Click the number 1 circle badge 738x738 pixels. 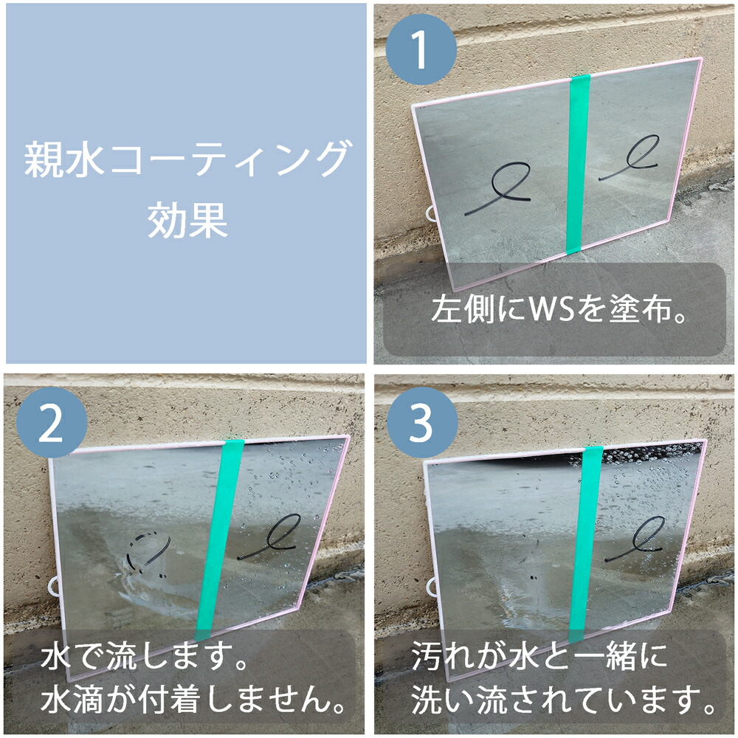click(x=421, y=48)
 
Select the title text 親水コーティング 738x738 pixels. click(x=186, y=159)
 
